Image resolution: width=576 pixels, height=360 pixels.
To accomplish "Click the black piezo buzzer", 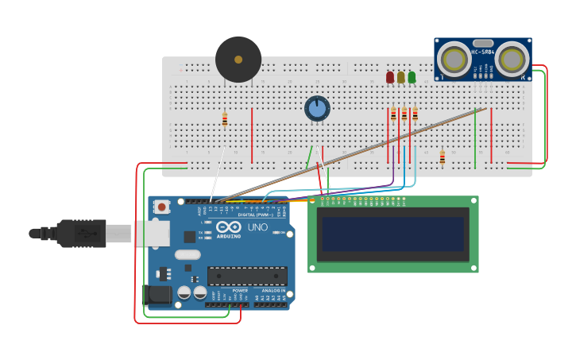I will [238, 60].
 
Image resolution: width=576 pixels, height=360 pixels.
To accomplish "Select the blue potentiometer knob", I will [317, 109].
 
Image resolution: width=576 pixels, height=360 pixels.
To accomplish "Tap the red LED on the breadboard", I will [390, 77].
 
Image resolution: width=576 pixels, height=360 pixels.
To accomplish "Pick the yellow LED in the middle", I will [401, 77].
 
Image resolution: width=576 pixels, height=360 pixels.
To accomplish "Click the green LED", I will [412, 77].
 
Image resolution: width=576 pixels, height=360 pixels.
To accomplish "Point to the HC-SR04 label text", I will [483, 52].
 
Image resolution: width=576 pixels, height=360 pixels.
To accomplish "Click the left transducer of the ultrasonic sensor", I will [454, 60].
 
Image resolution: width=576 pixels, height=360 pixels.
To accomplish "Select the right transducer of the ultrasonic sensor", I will [512, 60].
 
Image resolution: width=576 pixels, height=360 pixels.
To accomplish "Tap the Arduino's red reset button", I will [162, 207].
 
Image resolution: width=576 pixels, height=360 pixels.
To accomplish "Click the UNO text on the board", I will [258, 227].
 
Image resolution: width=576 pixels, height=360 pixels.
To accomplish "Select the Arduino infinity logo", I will [228, 226].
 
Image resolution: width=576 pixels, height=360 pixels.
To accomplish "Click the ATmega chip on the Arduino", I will [247, 276].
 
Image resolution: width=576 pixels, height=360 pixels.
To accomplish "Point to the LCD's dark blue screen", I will [392, 234].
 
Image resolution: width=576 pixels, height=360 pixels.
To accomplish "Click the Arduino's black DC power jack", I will [158, 296].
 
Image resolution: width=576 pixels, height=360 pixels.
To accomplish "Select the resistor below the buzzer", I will [225, 120].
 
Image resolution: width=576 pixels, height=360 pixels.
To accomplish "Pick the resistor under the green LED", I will [415, 114].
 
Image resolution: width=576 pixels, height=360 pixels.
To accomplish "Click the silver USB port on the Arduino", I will [151, 233].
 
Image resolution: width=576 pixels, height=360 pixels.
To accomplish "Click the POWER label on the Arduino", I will [240, 291].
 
